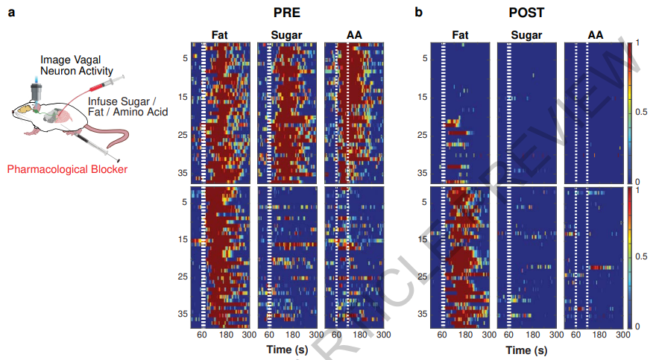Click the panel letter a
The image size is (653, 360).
coord(12,13)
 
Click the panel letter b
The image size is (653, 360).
coord(418,13)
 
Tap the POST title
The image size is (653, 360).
coord(526,13)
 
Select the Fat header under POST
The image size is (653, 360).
coord(460,34)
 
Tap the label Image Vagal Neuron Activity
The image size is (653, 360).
coord(75,64)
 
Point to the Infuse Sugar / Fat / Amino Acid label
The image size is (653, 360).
coord(127,105)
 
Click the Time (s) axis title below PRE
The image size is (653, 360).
coord(288,350)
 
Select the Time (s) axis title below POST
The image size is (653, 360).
coord(527,350)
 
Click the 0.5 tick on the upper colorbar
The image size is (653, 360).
coord(640,112)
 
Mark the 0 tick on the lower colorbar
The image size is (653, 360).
coord(636,326)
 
